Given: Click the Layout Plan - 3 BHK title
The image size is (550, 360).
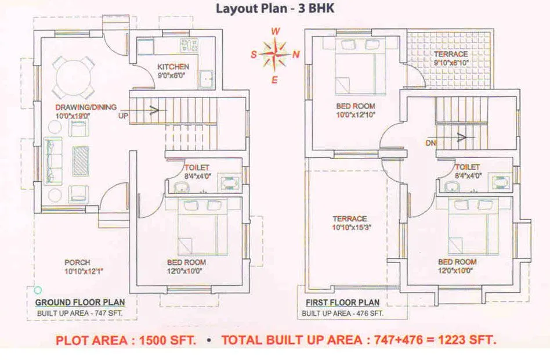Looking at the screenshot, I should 276,8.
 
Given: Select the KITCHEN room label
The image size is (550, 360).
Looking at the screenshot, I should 173,67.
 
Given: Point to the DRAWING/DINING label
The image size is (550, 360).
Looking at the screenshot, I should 86,107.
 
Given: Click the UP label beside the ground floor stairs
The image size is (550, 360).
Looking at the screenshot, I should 123,117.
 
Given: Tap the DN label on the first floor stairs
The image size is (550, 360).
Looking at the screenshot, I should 429,142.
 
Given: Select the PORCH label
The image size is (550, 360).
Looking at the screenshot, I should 77,262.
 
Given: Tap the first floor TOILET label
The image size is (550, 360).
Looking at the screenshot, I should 468,167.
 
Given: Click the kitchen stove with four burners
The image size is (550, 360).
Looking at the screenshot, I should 189,45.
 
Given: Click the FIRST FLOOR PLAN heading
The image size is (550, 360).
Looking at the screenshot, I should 342,303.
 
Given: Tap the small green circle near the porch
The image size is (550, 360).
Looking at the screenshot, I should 38,290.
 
